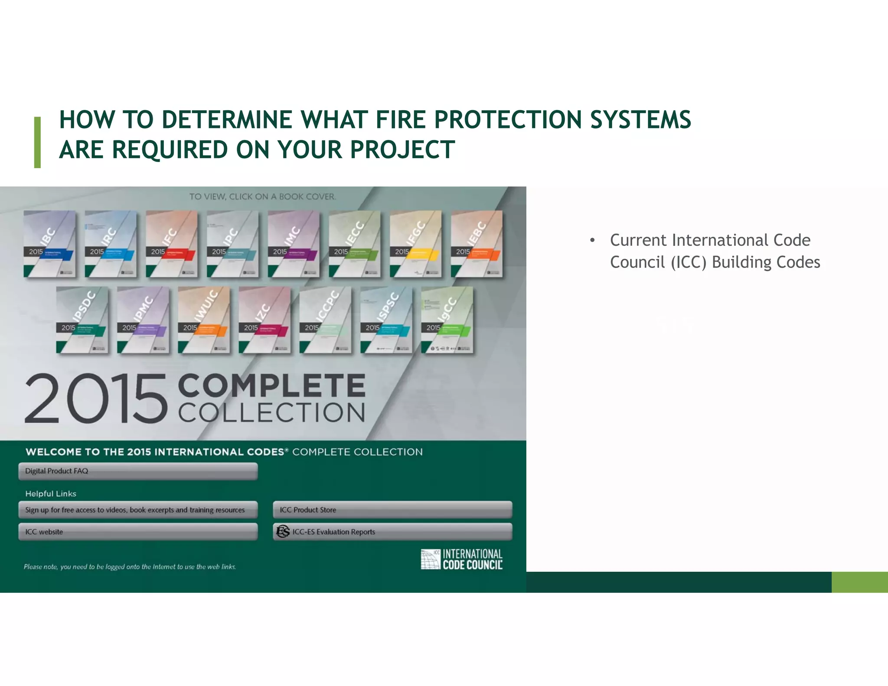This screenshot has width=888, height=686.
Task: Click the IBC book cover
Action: pos(49,244)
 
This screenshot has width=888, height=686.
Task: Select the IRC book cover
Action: pos(111,244)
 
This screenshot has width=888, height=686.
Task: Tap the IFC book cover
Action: pos(172,244)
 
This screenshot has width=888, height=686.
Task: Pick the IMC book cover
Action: pos(294,244)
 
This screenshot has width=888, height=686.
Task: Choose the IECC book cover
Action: pos(355,244)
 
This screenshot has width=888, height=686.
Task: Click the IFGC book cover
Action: pos(415,244)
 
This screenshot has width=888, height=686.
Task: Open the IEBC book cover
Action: pos(477,244)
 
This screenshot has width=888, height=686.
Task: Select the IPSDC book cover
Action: pos(82,320)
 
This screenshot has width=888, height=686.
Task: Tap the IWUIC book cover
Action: pos(204,320)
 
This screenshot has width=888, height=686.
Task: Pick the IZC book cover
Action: pos(264,320)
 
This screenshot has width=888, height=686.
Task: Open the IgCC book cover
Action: pos(447,320)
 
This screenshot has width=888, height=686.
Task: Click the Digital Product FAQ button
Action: pos(138,471)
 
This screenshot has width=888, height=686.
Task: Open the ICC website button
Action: pos(138,532)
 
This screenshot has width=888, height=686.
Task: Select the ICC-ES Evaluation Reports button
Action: pos(392,532)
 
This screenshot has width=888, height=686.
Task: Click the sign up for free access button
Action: pos(138,510)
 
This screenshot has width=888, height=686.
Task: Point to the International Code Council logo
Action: pos(461,559)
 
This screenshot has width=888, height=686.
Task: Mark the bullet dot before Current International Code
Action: pos(592,240)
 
